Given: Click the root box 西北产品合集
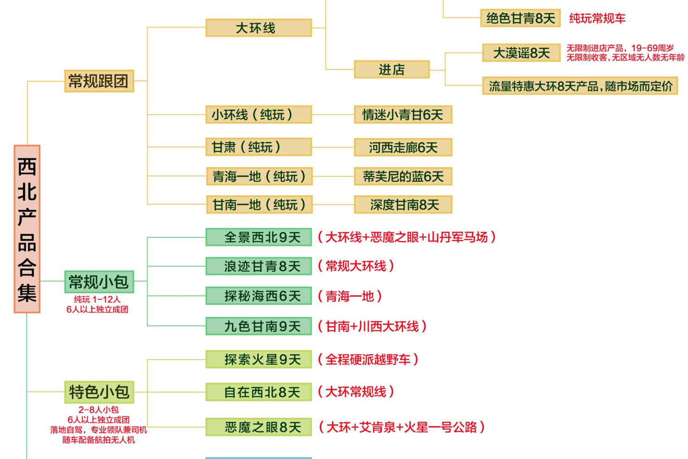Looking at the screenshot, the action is coord(27,229).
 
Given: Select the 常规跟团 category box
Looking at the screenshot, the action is coord(99,81).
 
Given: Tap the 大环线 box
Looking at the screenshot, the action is coord(259,28).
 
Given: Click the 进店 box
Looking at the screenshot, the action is coord(392,69).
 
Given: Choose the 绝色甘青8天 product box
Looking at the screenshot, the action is coord(520,18).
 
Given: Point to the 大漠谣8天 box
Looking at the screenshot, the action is coord(521,53).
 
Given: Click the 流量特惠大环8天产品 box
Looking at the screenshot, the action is coord(580,86).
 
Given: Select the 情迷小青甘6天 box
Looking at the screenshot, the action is coord(403,115).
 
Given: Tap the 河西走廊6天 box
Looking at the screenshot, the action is coord(403,147).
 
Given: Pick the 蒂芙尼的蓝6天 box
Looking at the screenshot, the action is coord(403,176).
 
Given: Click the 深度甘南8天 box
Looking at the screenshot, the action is coord(403,204).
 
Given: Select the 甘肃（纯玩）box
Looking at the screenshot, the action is coord(259,147).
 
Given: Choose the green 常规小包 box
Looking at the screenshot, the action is coord(99,282).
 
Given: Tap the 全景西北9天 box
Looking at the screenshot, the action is coord(259,237).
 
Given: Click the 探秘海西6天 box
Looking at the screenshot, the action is coord(259,296).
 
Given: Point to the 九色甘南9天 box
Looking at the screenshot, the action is coord(259,326).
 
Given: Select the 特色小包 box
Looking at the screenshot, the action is coord(99,392).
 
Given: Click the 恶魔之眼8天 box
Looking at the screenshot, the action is coord(259,427).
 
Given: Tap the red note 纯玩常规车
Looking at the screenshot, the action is coord(597,18).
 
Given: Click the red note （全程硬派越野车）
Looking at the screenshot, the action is coord(368,359).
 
